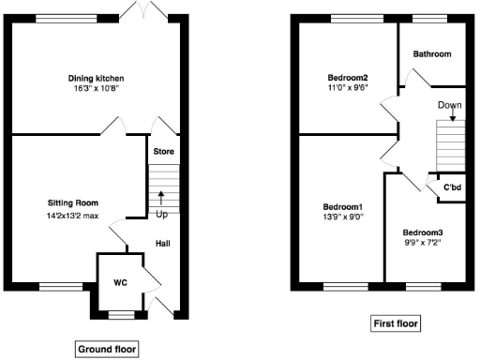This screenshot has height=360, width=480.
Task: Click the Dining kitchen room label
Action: coord(96,78)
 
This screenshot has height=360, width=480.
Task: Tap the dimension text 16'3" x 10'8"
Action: coord(96,88)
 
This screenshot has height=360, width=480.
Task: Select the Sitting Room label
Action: coord(73,202)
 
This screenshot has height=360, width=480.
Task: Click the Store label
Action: coord(163,152)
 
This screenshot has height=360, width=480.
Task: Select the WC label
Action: coord(120,281)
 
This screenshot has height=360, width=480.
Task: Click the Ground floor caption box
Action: coord(107,349)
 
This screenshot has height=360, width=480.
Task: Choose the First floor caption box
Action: coord(394,324)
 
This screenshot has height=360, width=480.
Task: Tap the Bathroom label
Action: coord(433,54)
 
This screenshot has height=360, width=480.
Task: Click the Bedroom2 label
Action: coord(347,77)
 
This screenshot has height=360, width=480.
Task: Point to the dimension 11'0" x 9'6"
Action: coord(347,87)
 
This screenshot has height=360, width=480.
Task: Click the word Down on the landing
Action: coord(450,105)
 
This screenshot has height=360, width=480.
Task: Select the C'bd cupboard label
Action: coord(452,188)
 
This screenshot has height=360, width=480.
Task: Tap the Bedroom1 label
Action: coord(343,206)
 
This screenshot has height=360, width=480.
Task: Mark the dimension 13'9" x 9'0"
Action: coord(343,217)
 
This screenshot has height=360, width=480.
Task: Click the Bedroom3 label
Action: coord(423,232)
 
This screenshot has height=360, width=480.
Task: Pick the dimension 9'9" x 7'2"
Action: coord(423,243)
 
